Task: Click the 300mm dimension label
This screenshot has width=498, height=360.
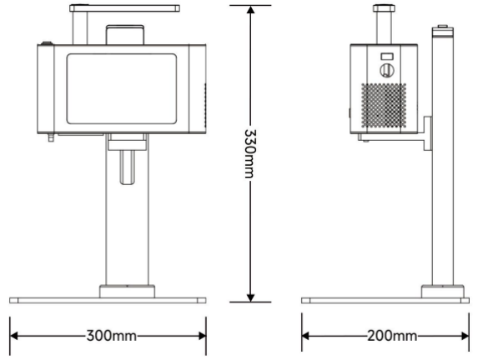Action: click(112, 336)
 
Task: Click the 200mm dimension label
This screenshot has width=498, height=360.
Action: click(392, 336)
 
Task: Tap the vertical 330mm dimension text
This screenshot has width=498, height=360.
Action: click(250, 153)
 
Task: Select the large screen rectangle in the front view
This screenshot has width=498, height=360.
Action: click(122, 89)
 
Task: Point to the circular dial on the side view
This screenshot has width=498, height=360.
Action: click(387, 70)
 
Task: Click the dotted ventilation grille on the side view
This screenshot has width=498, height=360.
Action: click(384, 106)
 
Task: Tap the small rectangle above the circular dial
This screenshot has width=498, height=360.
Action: click(387, 57)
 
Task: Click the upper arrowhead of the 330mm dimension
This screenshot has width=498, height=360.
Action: click(250, 10)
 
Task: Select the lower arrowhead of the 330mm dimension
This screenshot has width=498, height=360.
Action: click(250, 297)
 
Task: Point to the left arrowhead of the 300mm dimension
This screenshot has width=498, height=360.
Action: click(14, 336)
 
